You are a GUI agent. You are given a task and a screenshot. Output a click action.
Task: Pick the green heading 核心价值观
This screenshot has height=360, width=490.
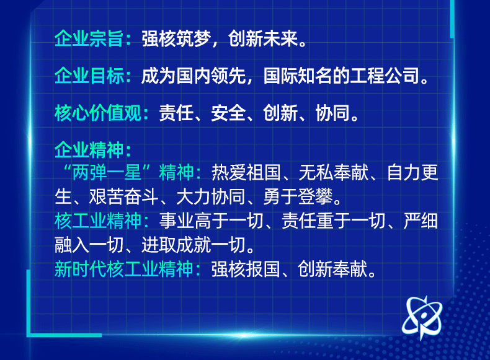[x=99, y=114]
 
